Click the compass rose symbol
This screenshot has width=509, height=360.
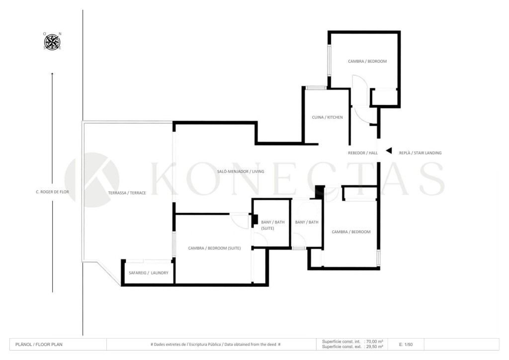point(52,42)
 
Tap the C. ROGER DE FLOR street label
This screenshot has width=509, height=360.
point(52,192)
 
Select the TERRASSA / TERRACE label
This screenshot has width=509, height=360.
point(127,193)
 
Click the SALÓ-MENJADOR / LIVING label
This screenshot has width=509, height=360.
point(241,172)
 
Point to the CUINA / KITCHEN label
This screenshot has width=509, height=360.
point(327,117)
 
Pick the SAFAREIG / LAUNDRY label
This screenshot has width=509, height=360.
point(149,273)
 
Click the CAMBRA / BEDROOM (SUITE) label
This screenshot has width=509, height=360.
point(215,248)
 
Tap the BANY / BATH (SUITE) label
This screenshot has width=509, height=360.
point(273,225)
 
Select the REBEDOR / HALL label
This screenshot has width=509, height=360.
point(363,153)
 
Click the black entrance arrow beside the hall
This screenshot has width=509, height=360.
point(389,151)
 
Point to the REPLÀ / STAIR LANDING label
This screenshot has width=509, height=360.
point(421,153)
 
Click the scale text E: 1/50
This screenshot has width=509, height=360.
point(406,345)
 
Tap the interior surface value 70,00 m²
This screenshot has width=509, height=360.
point(375,342)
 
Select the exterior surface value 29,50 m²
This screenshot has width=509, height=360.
point(375,347)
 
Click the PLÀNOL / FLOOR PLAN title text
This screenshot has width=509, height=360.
point(39,345)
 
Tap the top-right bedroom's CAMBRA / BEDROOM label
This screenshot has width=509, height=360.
point(367,61)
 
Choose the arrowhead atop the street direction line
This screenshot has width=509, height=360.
point(52,74)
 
